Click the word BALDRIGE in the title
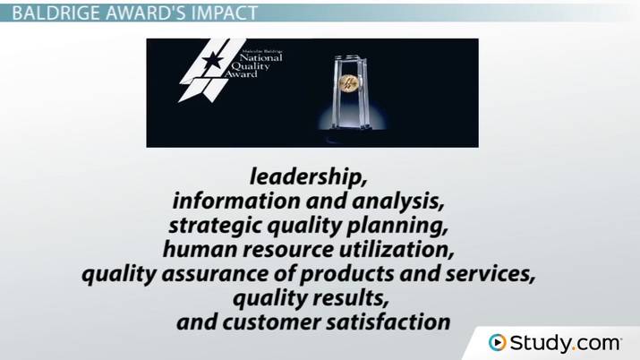(x=48, y=13)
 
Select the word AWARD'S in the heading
(x=137, y=13)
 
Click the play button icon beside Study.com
(x=497, y=342)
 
